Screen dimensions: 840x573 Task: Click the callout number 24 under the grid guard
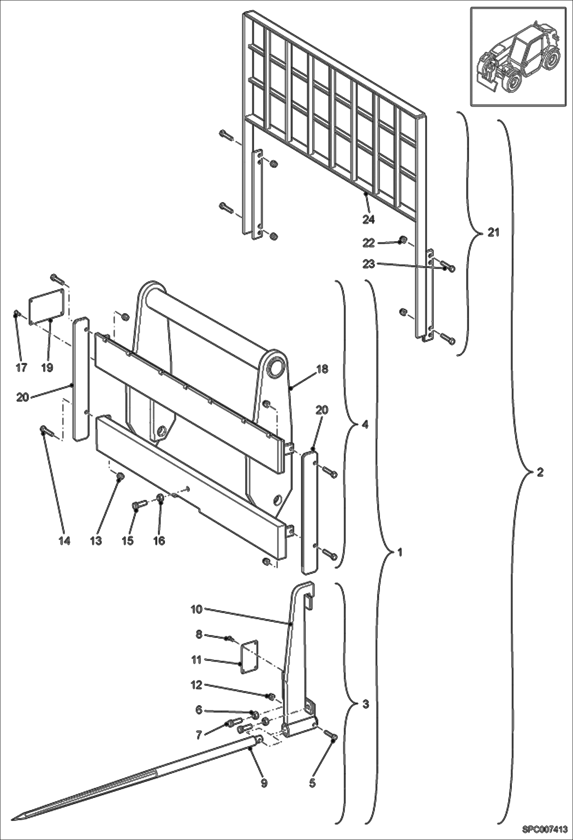coord(369,219)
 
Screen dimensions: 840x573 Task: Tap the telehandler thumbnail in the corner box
coord(518,57)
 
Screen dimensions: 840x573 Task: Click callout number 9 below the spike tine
coord(264,783)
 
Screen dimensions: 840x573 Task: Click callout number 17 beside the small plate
coord(21,368)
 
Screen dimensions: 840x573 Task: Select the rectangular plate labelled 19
coord(46,306)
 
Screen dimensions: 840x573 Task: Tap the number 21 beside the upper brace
coord(493,232)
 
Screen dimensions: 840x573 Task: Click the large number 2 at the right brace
coord(540,472)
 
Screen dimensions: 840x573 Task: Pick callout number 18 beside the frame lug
coord(322,369)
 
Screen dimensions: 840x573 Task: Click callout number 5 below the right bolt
coord(312,783)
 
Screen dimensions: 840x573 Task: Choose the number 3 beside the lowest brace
coord(365,704)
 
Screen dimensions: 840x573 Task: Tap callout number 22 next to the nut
coord(369,242)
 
